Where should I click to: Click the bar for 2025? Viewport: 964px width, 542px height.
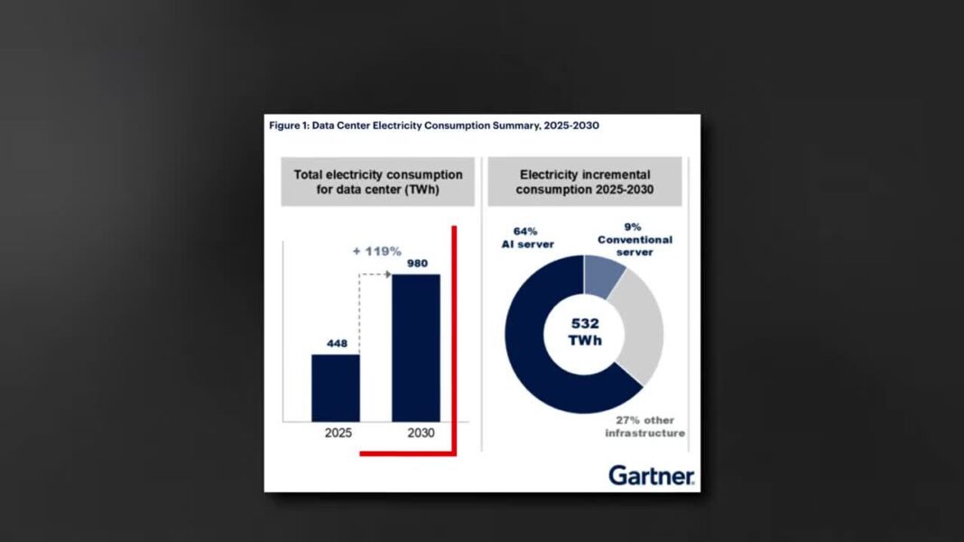(x=336, y=388)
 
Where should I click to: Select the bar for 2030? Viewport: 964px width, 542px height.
(x=416, y=347)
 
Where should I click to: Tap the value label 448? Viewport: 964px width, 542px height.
(x=336, y=343)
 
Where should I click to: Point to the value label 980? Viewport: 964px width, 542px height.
(x=416, y=264)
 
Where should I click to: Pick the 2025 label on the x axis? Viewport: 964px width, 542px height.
(x=338, y=433)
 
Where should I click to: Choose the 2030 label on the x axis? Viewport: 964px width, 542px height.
(x=420, y=433)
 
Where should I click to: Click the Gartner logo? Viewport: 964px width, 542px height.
(x=651, y=474)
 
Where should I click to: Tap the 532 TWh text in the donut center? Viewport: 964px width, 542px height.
(x=584, y=333)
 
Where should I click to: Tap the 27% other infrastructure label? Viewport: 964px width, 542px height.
(x=644, y=427)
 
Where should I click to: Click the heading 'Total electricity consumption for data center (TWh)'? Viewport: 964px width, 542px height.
(x=377, y=181)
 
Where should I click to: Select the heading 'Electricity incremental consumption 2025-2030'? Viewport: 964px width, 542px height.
(x=585, y=181)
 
